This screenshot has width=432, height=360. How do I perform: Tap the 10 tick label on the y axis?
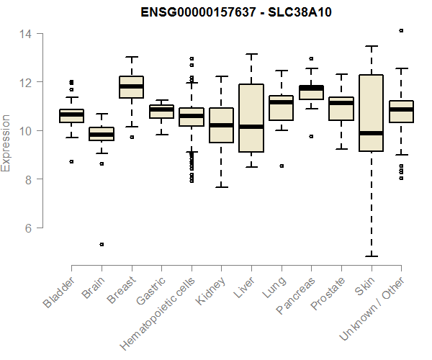[25, 131]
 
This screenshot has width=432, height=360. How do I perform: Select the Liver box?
[251, 118]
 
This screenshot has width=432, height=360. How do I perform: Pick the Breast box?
[131, 86]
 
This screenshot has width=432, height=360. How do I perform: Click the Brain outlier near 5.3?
[102, 244]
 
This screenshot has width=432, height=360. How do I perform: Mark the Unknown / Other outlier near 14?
[401, 31]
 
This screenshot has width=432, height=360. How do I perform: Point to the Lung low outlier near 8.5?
[281, 166]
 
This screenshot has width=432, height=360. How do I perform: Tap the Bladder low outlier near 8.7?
[71, 161]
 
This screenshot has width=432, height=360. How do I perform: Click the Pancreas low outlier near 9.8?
[311, 136]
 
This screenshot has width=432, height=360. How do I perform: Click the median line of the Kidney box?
[221, 125]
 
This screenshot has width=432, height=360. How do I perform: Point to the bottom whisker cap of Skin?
[371, 256]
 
